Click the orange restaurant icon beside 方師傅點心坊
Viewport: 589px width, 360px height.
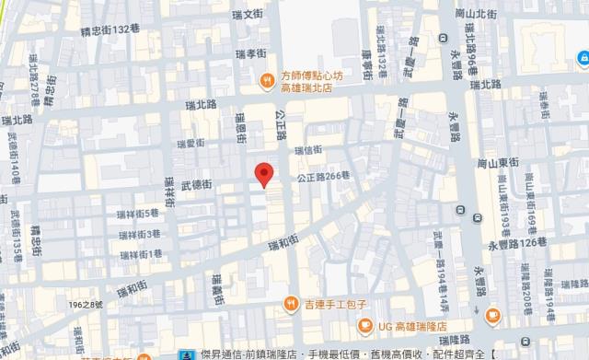coord(265,80)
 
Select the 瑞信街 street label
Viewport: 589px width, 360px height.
coord(307,149)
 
